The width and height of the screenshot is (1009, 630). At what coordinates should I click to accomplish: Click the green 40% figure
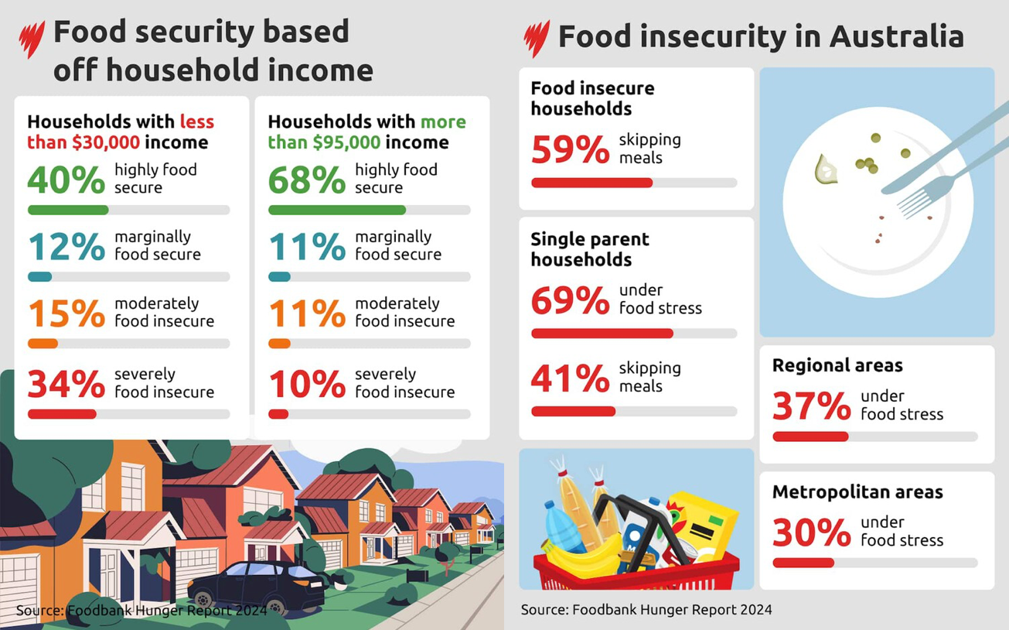pyautogui.click(x=66, y=180)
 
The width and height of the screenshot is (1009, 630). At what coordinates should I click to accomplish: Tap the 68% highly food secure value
pyautogui.click(x=306, y=180)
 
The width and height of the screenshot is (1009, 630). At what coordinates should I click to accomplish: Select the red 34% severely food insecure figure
pyautogui.click(x=66, y=384)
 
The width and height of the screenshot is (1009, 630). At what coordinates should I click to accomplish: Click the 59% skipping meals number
pyautogui.click(x=570, y=149)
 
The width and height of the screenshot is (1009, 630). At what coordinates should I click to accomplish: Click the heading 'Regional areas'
pyautogui.click(x=837, y=365)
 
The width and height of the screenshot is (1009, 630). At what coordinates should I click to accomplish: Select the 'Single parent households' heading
pyautogui.click(x=589, y=249)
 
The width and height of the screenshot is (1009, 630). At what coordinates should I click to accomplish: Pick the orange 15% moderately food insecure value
pyautogui.click(x=66, y=313)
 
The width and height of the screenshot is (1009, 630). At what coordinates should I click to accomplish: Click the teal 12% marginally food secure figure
pyautogui.click(x=66, y=247)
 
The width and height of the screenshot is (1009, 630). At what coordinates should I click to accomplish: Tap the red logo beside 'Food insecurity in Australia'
pyautogui.click(x=536, y=38)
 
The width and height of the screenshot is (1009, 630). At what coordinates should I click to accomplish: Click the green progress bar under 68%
pyautogui.click(x=336, y=210)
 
